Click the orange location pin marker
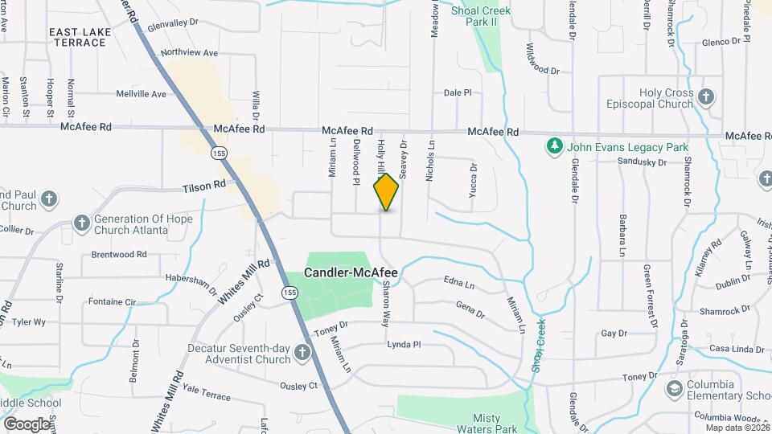[387, 192]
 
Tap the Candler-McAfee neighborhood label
[351, 273]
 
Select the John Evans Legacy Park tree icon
[553, 146]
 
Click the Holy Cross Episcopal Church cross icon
[706, 97]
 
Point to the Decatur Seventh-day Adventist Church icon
[302, 353]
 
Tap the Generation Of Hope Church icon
[81, 223]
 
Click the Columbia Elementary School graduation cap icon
[674, 390]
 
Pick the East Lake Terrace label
[80, 37]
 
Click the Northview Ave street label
[189, 53]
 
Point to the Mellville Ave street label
[141, 94]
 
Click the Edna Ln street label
[459, 285]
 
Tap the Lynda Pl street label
[404, 344]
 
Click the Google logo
[27, 423]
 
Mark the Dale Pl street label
[457, 93]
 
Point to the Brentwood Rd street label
[119, 254]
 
